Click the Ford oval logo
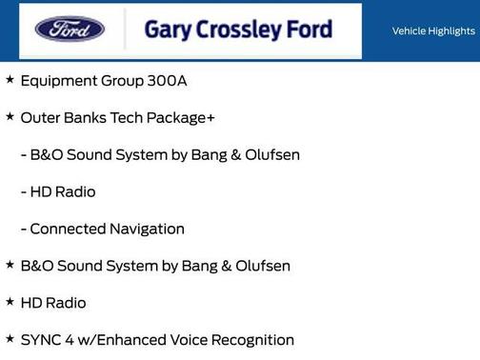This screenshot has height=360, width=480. [70, 29]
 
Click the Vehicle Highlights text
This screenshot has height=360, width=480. [433, 31]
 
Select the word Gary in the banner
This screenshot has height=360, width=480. [167, 30]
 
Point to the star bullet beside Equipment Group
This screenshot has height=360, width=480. [10, 80]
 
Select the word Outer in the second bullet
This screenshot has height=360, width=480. [40, 118]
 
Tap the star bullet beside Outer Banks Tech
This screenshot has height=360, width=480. [10, 116]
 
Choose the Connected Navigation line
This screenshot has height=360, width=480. [102, 230]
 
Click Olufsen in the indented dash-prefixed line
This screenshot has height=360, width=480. [268, 155]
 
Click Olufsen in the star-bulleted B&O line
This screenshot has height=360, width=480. [258, 267]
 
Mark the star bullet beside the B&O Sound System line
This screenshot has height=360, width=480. [10, 265]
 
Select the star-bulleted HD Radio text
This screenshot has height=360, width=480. [53, 304]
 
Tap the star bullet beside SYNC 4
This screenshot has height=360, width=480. [10, 338]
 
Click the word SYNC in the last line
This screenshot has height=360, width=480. [41, 340]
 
